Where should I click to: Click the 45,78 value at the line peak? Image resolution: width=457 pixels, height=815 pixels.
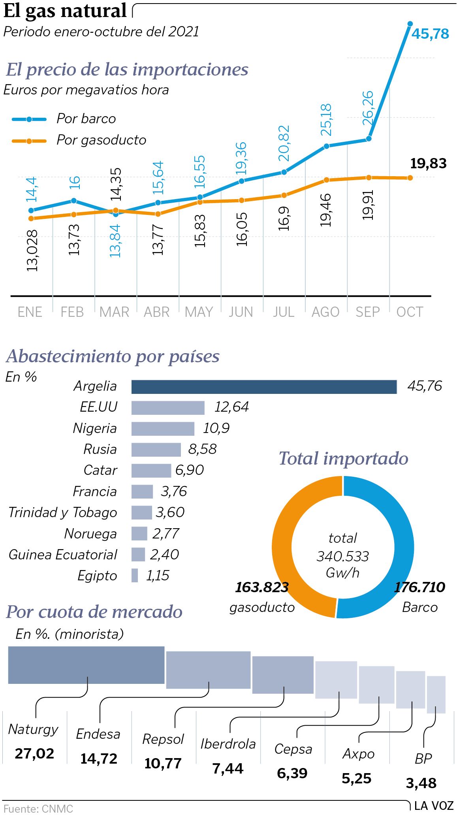[430, 34]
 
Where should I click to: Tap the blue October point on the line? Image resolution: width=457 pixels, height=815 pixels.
[410, 24]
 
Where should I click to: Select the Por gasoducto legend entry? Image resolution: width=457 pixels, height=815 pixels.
[79, 140]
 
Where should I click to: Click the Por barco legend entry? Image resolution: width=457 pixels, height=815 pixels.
[64, 119]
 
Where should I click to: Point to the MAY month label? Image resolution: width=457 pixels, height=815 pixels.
[199, 312]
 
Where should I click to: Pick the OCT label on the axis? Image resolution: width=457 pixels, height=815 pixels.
[410, 312]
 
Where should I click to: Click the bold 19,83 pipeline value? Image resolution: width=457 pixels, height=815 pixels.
[428, 164]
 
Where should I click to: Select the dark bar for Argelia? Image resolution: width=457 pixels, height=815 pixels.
[264, 387]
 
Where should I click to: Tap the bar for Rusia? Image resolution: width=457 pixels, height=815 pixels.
[156, 450]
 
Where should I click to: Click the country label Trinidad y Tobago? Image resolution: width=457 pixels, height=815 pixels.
[63, 512]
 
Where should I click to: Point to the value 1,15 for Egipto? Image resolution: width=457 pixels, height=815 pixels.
[158, 576]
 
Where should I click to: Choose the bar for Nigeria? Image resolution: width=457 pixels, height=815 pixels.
[163, 429]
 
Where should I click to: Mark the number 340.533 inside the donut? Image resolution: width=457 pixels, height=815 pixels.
[342, 556]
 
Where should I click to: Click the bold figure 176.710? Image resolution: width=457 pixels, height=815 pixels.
[419, 587]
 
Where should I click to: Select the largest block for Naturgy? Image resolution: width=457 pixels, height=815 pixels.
[86, 665]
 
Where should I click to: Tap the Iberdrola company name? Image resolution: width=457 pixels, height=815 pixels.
[228, 744]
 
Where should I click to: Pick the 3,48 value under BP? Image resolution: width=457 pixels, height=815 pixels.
[421, 783]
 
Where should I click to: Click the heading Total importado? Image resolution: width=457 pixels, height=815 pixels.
[344, 459]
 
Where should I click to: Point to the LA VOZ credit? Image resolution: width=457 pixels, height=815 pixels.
[434, 806]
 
